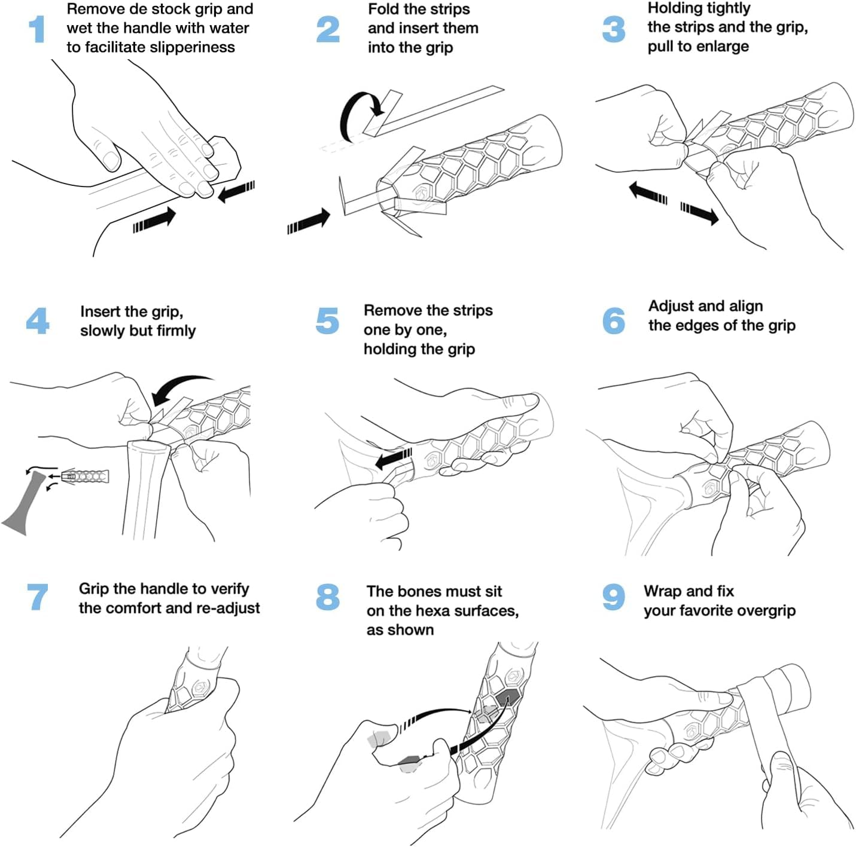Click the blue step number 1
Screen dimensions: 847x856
(x=37, y=29)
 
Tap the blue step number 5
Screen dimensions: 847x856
(x=327, y=320)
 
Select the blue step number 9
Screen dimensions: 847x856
(x=613, y=597)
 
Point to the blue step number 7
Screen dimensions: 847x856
(x=38, y=597)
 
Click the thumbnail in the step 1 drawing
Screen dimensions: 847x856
(x=111, y=158)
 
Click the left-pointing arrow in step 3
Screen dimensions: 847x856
(x=648, y=194)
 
